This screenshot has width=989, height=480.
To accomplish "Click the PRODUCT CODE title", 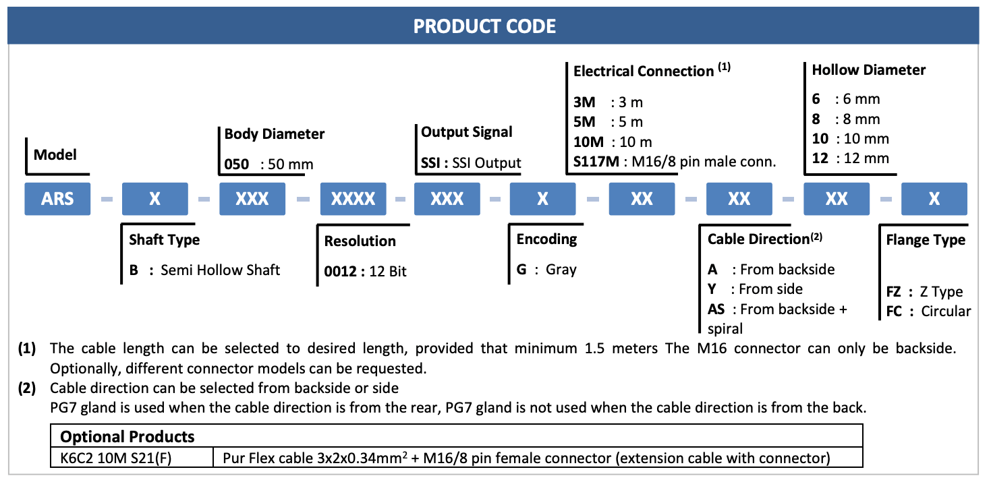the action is coord(484,26).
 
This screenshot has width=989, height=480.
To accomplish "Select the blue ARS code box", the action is coord(57,199).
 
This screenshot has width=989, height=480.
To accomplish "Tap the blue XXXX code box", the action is coord(354,199).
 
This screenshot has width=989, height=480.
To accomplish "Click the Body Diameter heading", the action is coord(274,133).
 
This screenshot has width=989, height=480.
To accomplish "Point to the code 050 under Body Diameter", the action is coord(237,164).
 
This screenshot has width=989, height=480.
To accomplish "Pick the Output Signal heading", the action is coord(466,132).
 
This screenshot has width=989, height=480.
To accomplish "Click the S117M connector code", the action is coord(596,162).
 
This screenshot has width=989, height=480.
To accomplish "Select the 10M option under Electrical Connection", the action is coord(588,142).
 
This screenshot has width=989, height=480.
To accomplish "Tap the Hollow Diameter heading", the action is coord(868,69).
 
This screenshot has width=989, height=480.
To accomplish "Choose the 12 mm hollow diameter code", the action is coord(820,158).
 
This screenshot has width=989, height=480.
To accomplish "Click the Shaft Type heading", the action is coord(164,240).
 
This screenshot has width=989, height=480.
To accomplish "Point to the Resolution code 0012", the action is coord(340,271).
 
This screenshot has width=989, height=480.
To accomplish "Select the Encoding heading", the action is coord(546,239).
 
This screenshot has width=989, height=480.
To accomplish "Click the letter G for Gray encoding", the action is coord(521,269).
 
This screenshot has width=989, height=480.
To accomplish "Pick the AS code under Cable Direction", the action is coord(716,309).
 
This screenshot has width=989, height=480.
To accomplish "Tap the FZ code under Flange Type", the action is coord(893,292).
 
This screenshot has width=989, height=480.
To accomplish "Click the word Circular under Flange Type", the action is coord(946,311).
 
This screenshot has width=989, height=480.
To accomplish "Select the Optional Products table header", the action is coord(127,436).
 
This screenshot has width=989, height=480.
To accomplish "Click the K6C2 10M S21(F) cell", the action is coord(115,458).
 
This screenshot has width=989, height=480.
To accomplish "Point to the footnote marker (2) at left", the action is coord(27,388).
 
